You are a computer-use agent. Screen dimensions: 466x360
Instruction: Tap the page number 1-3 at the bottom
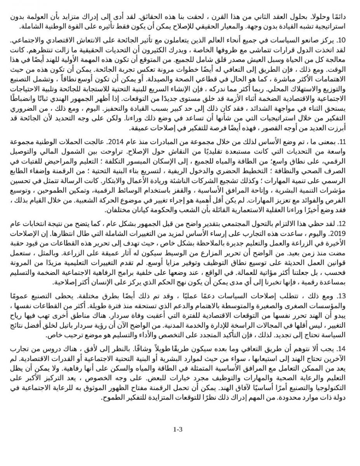pos(177,429)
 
